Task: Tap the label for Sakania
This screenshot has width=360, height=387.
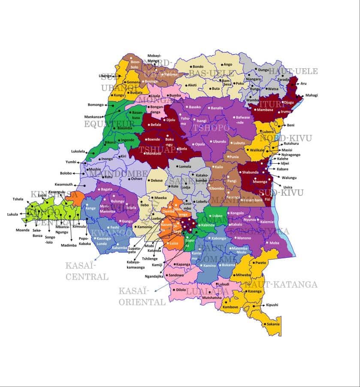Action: point(272,324)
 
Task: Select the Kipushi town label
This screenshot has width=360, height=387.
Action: point(272,305)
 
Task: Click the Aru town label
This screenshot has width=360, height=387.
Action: point(304,83)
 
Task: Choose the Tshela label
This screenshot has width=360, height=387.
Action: point(18,199)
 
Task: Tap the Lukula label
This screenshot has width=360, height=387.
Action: point(13,214)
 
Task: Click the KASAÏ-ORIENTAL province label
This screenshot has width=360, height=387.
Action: point(142,296)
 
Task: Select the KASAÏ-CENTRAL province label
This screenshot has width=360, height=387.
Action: point(87,271)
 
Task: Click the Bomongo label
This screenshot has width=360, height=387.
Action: point(96,105)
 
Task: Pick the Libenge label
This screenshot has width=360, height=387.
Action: point(105,76)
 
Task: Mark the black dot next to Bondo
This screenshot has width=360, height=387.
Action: point(190,67)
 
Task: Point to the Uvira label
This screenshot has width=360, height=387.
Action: point(287,187)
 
